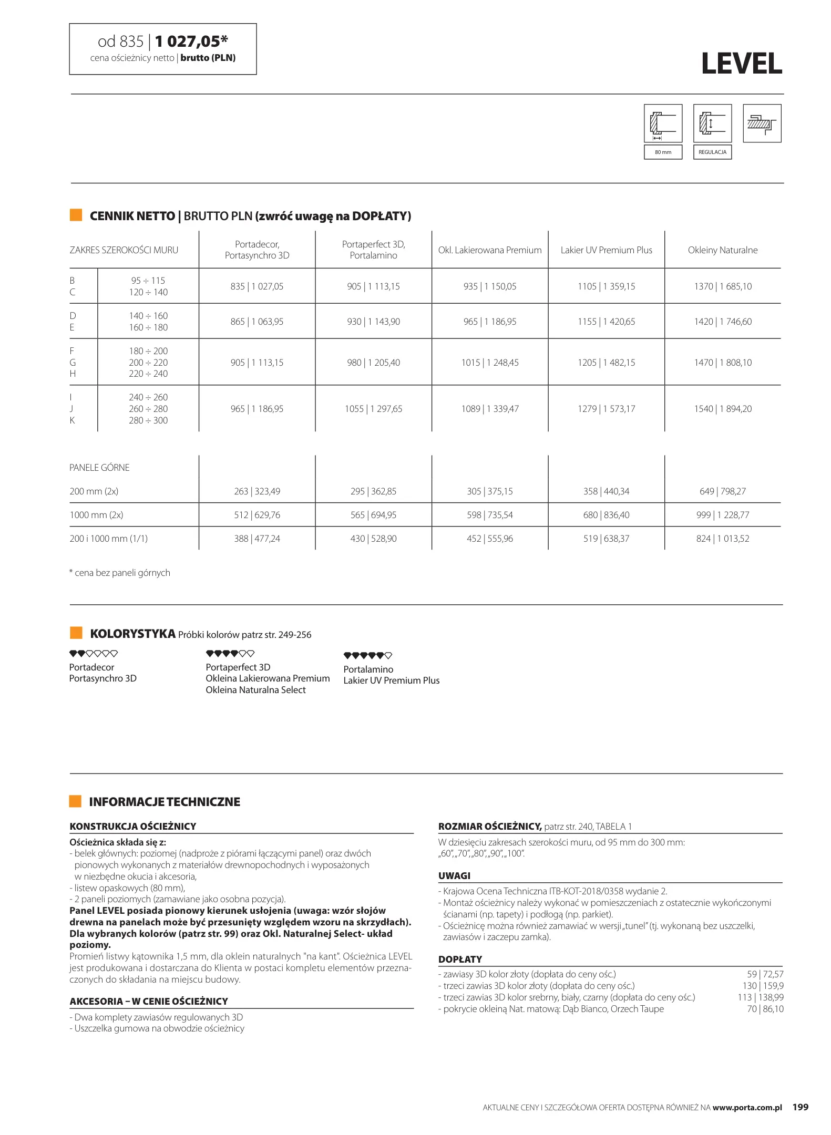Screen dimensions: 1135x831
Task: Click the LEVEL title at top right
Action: click(x=741, y=64)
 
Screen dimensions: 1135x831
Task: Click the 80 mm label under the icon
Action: click(x=663, y=152)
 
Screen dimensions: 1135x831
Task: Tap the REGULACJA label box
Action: click(x=712, y=152)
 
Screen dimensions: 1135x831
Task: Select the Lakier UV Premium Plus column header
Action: click(x=606, y=250)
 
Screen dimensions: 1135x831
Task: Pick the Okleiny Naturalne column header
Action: click(x=722, y=250)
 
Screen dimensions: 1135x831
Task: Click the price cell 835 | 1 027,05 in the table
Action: click(x=257, y=286)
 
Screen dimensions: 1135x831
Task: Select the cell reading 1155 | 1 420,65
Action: click(x=606, y=322)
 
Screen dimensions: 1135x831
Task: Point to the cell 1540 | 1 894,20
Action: click(x=722, y=409)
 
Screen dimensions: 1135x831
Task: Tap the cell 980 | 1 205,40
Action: click(x=373, y=363)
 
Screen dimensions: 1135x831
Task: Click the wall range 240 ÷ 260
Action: click(x=148, y=397)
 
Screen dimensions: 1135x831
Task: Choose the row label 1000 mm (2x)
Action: click(x=96, y=515)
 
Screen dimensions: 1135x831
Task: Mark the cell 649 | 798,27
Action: click(x=722, y=491)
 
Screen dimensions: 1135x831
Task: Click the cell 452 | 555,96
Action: click(x=489, y=539)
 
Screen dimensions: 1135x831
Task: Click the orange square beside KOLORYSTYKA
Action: click(x=76, y=633)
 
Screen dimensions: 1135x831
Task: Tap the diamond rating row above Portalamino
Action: click(x=367, y=655)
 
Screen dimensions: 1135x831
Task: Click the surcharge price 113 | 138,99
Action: click(x=760, y=997)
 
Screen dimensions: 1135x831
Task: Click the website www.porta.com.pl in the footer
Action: click(x=747, y=1107)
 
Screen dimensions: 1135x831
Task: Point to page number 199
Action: click(x=800, y=1107)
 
